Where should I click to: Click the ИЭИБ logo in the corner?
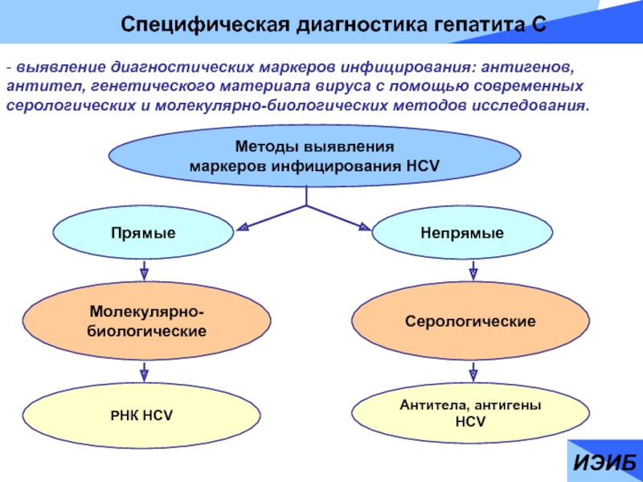tap(604, 463)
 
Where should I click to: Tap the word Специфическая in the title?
tap(207, 26)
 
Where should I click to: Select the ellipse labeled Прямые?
tap(143, 233)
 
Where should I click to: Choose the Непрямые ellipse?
tap(462, 233)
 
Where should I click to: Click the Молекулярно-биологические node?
tap(146, 321)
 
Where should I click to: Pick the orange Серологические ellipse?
tap(470, 321)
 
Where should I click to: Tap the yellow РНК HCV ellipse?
tap(141, 415)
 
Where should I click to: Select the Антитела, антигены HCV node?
tap(470, 413)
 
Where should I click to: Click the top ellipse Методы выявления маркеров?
tap(314, 156)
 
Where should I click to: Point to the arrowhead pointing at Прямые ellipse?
tap(242, 227)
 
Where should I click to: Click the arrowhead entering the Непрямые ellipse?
tap(365, 227)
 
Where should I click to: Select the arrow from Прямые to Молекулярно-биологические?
tap(144, 271)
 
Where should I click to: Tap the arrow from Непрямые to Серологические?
tap(473, 271)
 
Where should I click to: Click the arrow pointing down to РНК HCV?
tap(144, 372)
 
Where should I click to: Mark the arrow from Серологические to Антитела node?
tap(473, 372)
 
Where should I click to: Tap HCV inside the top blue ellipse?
tap(423, 166)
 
